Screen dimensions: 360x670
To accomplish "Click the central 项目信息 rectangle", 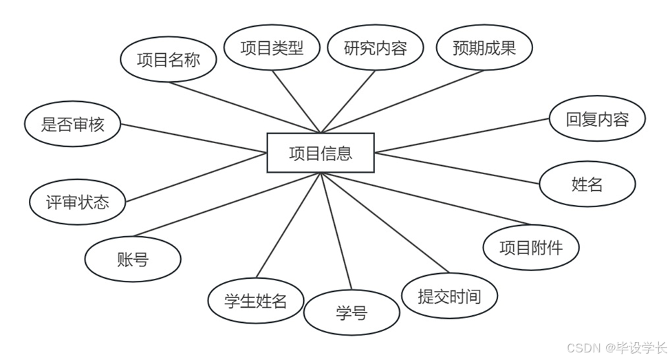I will pyautogui.click(x=321, y=153).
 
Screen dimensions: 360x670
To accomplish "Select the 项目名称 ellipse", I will pyautogui.click(x=169, y=60).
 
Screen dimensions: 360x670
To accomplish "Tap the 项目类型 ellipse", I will pyautogui.click(x=272, y=47).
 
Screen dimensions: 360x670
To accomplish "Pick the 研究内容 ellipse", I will pyautogui.click(x=376, y=47).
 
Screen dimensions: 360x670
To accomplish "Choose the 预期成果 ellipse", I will pyautogui.click(x=484, y=47).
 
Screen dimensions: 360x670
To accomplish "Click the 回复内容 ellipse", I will pyautogui.click(x=597, y=118).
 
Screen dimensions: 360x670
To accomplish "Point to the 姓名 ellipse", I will pyautogui.click(x=587, y=184).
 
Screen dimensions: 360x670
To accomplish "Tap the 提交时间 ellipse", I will pyautogui.click(x=449, y=297).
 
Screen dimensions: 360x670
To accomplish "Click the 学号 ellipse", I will pyautogui.click(x=352, y=313).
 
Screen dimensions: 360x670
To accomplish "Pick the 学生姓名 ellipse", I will pyautogui.click(x=256, y=300).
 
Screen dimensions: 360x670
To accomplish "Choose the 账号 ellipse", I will pyautogui.click(x=133, y=260).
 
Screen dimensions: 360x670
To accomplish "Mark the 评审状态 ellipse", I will pyautogui.click(x=78, y=202).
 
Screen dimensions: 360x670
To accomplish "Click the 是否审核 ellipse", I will pyautogui.click(x=73, y=125).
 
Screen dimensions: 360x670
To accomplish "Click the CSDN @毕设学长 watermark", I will pyautogui.click(x=616, y=348).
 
